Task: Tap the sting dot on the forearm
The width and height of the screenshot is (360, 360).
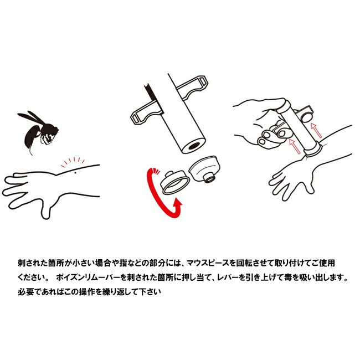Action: tap(75, 173)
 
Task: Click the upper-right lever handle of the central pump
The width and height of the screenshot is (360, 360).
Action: tap(192, 88)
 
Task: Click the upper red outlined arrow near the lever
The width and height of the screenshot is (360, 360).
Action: tap(316, 130)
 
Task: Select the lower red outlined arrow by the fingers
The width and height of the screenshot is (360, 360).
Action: tap(295, 146)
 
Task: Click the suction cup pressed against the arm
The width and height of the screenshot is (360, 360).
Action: tap(313, 150)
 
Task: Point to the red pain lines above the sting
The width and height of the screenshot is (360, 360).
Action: tap(73, 162)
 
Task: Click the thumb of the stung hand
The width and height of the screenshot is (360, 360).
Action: tap(46, 210)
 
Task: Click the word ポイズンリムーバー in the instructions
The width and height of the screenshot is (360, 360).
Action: tap(88, 277)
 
